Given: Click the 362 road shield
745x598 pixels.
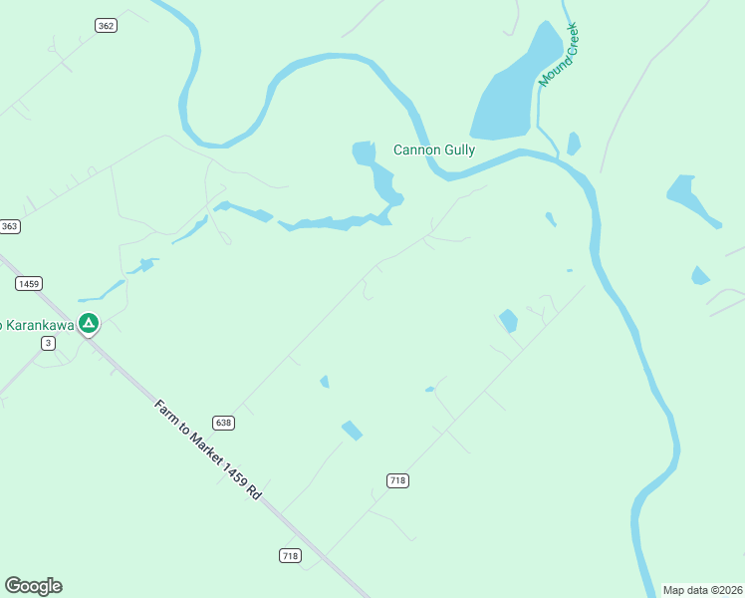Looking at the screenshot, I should [x=106, y=25].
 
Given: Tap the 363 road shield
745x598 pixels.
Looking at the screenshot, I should [x=10, y=226].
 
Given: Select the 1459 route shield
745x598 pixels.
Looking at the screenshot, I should [x=29, y=284].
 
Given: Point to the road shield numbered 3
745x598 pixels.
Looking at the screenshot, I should [x=48, y=343].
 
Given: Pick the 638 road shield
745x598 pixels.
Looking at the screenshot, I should [x=223, y=423].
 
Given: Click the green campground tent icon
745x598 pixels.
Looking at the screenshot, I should [x=89, y=324].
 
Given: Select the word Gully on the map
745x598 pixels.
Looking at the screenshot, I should [x=460, y=150].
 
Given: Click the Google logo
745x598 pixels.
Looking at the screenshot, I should [x=33, y=586].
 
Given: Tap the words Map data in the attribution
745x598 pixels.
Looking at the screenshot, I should [x=684, y=589].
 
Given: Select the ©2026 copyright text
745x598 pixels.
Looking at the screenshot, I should [x=724, y=589].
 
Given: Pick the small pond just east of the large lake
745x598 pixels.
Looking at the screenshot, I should [x=573, y=144].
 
